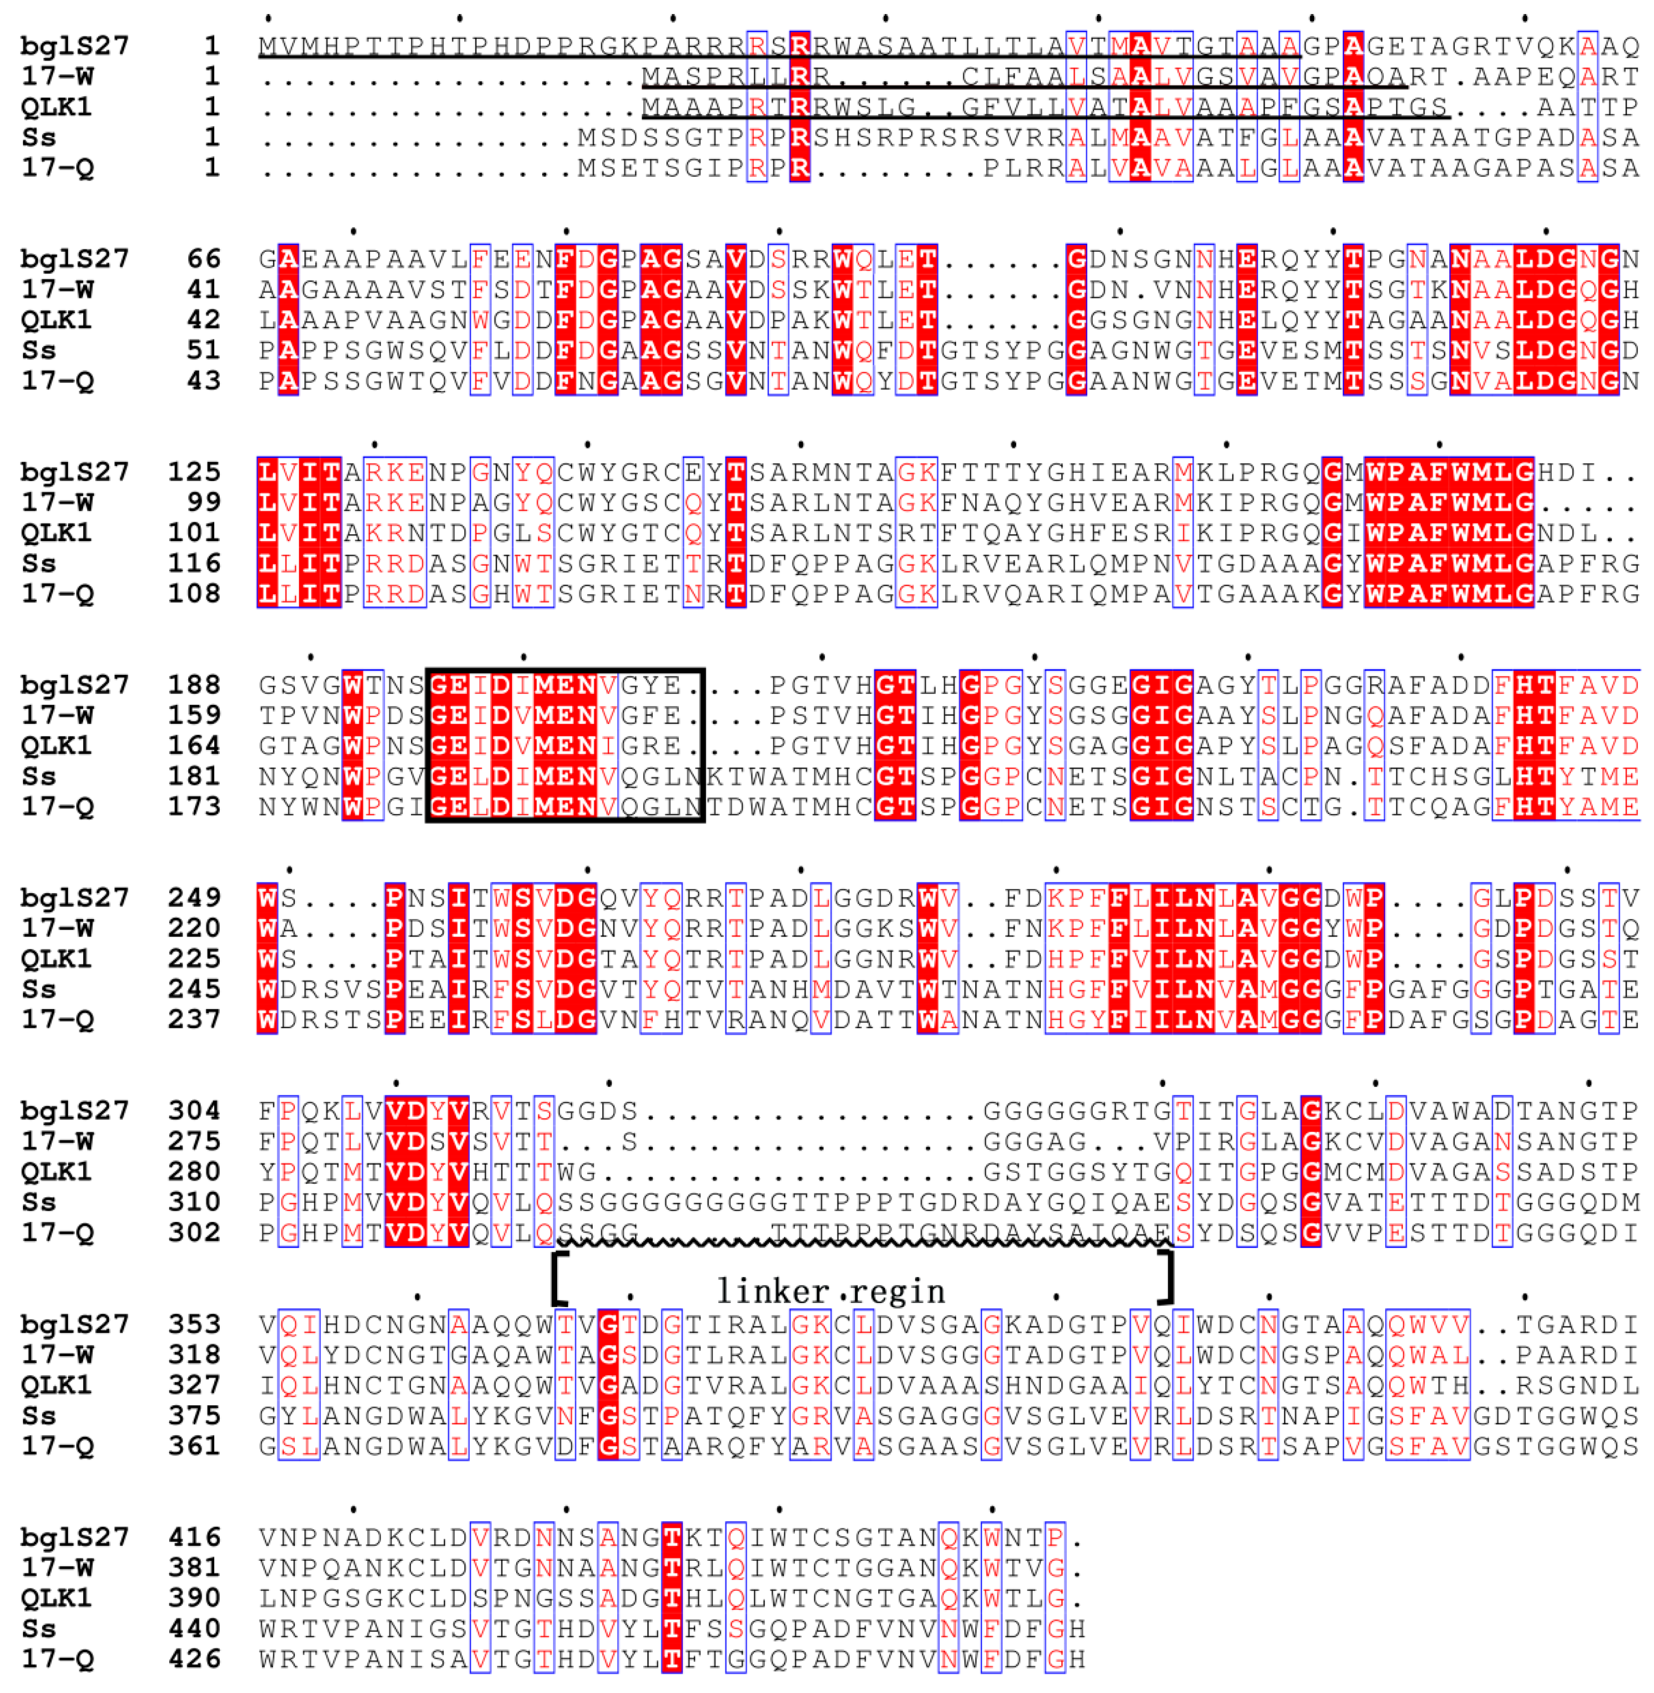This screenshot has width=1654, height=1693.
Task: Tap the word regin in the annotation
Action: pos(898,1292)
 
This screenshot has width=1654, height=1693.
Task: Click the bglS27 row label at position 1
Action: pos(75,46)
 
